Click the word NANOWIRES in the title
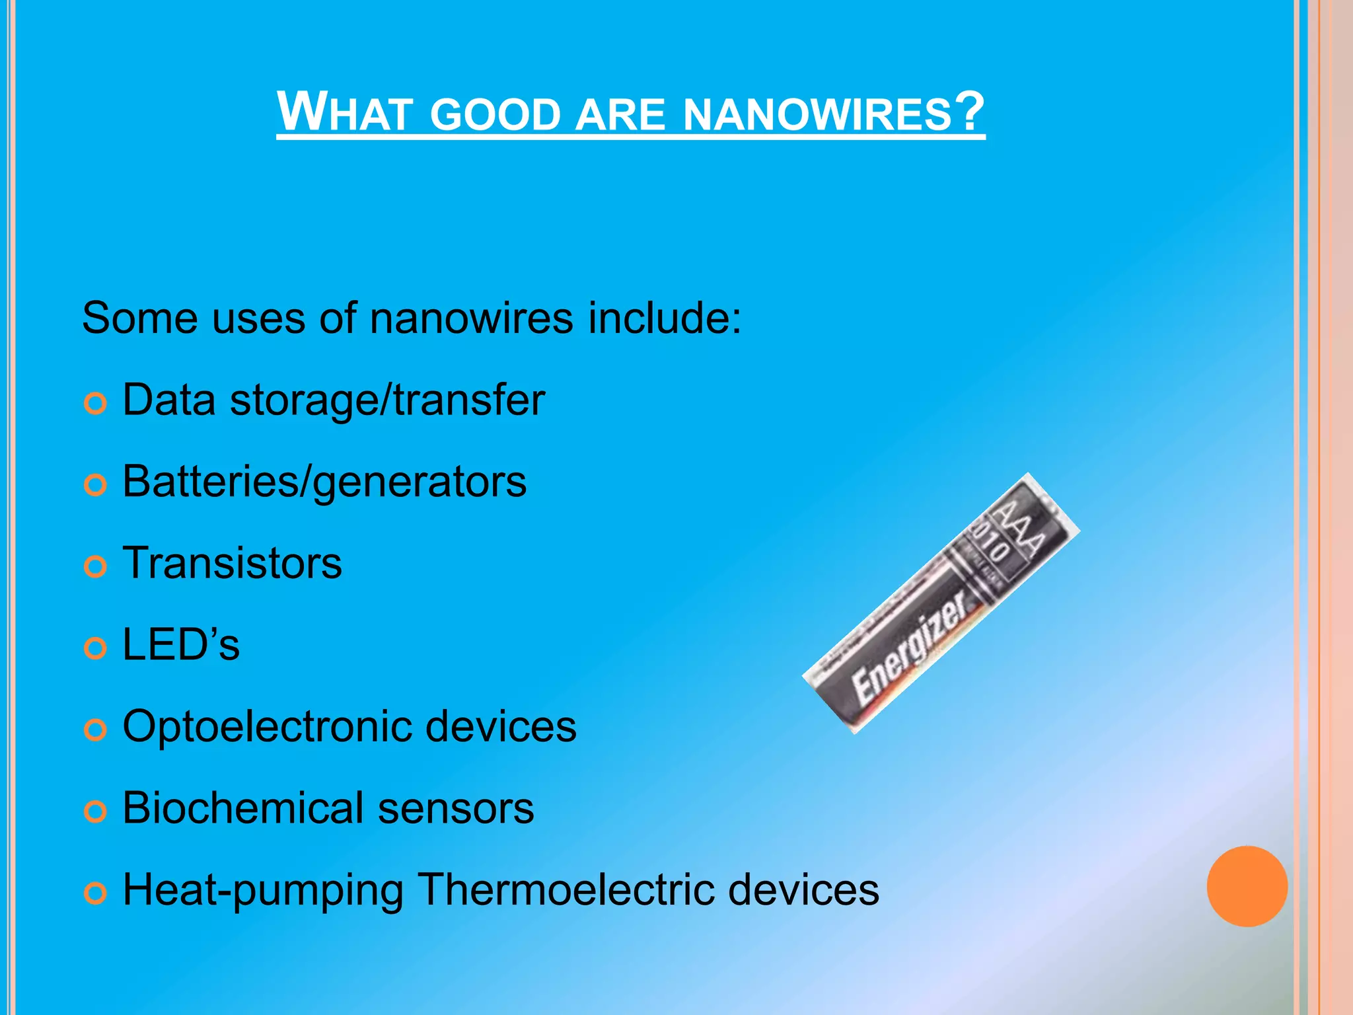(817, 114)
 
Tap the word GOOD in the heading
(495, 114)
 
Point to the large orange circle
(1247, 886)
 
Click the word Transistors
(233, 563)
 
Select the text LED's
(181, 644)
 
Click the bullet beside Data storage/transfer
(96, 403)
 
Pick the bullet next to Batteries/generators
(96, 485)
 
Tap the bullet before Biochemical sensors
(96, 811)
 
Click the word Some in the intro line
(139, 319)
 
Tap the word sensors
(456, 809)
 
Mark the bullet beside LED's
(96, 648)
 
